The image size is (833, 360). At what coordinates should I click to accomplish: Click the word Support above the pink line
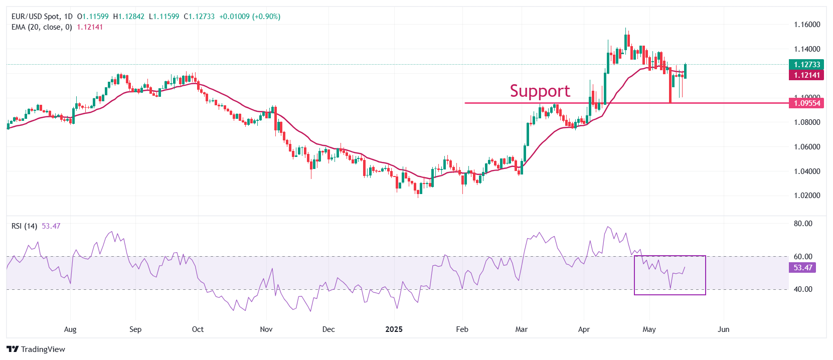(x=540, y=91)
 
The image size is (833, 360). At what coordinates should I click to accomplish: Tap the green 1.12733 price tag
(x=806, y=64)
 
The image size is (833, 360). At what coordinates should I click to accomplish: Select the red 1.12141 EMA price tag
(x=806, y=75)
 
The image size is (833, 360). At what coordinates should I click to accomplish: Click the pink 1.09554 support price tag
(x=806, y=103)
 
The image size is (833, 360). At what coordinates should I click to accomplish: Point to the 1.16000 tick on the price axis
(x=806, y=25)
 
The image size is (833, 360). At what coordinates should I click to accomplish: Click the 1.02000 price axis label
(x=806, y=196)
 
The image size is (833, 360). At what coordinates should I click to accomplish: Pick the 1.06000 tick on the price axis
(x=806, y=147)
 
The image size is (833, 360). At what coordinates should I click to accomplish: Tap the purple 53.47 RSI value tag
(x=802, y=268)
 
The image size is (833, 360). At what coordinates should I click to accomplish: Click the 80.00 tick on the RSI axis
(x=802, y=224)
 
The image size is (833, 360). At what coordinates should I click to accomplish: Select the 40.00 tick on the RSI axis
(x=802, y=289)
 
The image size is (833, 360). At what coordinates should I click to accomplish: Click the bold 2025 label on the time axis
(x=394, y=329)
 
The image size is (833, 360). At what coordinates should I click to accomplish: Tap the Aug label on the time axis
(x=70, y=329)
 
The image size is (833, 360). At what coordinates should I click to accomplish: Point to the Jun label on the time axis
(x=723, y=329)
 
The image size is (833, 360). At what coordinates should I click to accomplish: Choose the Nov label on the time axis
(x=266, y=329)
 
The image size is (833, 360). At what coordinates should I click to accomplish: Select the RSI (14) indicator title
(x=24, y=226)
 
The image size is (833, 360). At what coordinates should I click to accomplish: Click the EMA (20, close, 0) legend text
(x=42, y=27)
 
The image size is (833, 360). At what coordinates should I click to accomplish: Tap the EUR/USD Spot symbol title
(x=35, y=17)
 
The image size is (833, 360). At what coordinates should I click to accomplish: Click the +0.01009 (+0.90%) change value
(x=250, y=17)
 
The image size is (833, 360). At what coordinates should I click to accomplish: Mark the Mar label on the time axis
(x=522, y=329)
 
